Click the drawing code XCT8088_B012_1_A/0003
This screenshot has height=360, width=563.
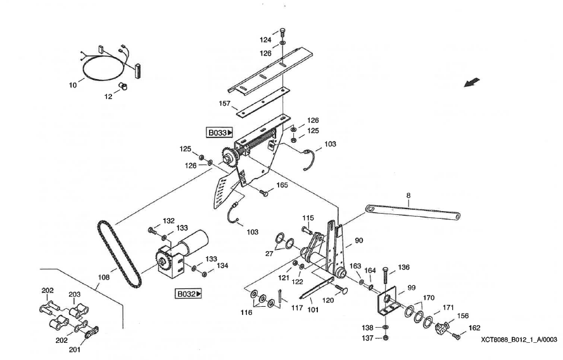click(x=519, y=340)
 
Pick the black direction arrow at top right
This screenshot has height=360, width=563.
click(x=472, y=83)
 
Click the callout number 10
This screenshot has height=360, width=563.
click(x=72, y=84)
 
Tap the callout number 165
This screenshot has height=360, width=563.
click(x=281, y=185)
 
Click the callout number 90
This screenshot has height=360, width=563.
click(x=358, y=240)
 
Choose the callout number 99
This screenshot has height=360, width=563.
click(x=411, y=288)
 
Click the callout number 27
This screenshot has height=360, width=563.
click(x=269, y=253)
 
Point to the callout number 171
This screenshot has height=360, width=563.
click(x=448, y=307)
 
